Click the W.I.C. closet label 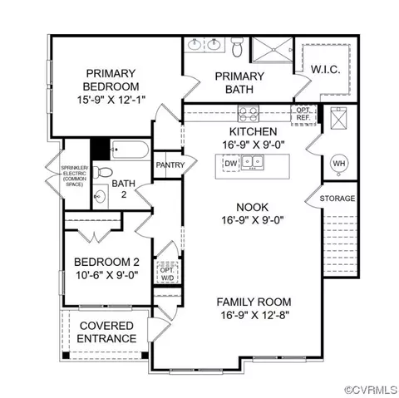pos(325,69)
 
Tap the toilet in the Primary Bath pos(237,47)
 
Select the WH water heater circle pos(339,164)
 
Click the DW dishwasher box pos(231,164)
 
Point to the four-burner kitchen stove pos(249,114)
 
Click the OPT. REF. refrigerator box pos(303,114)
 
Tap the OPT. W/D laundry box pos(167,273)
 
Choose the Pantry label pos(170,165)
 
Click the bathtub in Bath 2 pos(130,150)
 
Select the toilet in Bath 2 pos(101,172)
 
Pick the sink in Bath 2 pos(100,197)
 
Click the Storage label pos(337,199)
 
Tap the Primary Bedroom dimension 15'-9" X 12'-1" pos(111,100)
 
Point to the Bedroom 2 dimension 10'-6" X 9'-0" pos(107,275)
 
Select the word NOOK pos(253,207)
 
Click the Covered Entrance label pos(106,332)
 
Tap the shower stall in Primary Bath pos(272,50)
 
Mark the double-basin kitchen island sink pos(253,162)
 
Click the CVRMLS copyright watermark pos(371,390)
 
